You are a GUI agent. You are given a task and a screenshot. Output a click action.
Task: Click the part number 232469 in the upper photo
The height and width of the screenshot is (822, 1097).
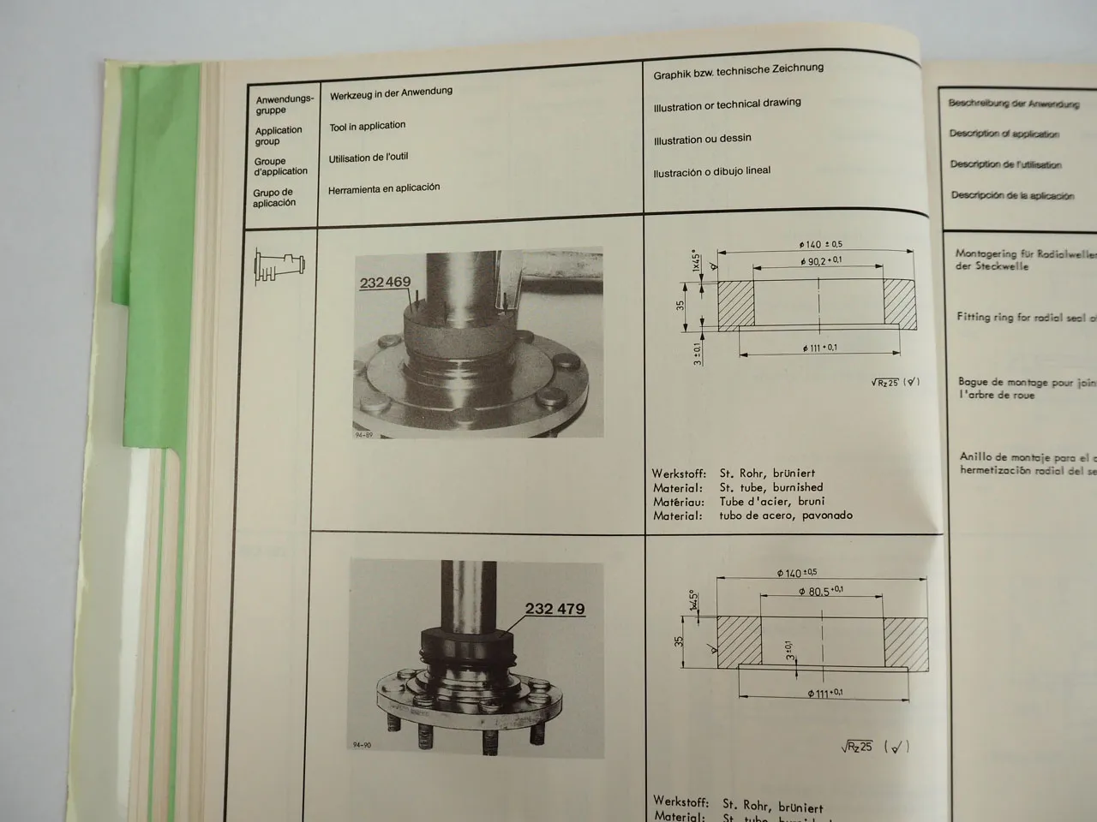point(385,282)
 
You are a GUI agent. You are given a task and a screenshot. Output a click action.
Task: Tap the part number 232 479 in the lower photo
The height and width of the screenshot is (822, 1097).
point(554,609)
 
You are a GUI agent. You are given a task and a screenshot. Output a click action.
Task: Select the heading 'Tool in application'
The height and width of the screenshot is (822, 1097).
point(367,126)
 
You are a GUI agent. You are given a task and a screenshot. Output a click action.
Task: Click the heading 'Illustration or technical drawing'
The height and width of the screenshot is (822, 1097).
point(727,104)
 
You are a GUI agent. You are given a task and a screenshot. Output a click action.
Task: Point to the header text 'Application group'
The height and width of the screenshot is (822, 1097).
point(278,135)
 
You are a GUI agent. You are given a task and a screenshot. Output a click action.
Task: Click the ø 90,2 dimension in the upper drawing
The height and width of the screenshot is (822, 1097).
point(820,261)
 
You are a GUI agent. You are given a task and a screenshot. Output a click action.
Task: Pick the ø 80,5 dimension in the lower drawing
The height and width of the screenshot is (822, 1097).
point(820,591)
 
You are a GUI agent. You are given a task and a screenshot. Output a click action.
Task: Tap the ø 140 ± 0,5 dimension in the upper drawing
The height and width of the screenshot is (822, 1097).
point(819,245)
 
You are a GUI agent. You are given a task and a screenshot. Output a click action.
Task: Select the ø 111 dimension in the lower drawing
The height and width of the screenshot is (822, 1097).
point(824,693)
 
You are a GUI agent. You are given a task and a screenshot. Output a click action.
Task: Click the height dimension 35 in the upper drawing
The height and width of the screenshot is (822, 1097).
point(680,303)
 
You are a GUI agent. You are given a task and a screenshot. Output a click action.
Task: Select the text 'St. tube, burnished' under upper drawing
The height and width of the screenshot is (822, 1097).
point(770,487)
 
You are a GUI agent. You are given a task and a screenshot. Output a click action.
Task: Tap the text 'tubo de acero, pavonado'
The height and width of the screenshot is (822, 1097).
point(785,515)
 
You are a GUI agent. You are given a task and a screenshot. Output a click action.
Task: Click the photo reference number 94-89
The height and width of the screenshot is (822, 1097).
point(363,435)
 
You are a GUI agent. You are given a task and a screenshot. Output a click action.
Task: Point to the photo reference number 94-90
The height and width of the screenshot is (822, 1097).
point(362,745)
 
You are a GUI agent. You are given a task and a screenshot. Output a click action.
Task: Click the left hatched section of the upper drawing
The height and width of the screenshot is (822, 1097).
point(734,305)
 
